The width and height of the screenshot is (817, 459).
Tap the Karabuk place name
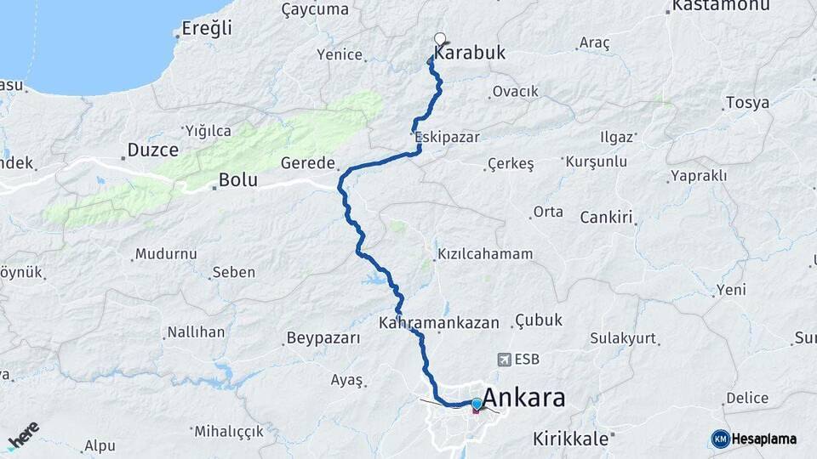click(x=470, y=53)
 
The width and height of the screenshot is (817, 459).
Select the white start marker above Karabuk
click(x=440, y=38)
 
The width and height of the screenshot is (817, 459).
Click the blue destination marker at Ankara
click(x=476, y=404)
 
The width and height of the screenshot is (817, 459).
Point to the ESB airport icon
click(x=507, y=360)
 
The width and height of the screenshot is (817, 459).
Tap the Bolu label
click(x=237, y=180)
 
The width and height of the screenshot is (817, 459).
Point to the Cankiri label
click(x=607, y=218)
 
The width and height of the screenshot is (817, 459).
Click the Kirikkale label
click(x=570, y=439)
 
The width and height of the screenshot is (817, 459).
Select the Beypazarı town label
click(x=323, y=338)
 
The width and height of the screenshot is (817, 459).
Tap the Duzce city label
click(x=152, y=150)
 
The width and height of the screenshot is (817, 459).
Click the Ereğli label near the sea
click(x=207, y=28)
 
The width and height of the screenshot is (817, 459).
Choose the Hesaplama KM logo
click(x=754, y=439)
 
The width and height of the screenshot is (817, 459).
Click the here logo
click(x=23, y=435)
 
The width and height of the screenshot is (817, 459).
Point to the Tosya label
click(x=747, y=103)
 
